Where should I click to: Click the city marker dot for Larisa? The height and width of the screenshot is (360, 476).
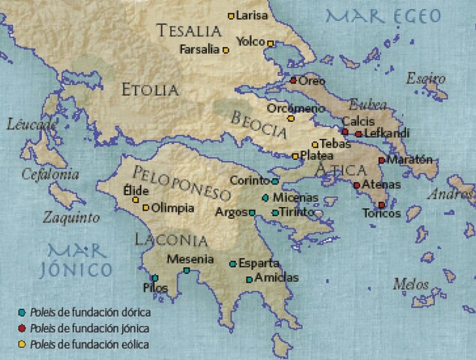click(231, 16)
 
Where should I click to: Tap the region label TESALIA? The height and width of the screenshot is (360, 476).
click(190, 31)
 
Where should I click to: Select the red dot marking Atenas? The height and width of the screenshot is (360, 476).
click(357, 184)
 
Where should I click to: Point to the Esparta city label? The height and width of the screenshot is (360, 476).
click(259, 263)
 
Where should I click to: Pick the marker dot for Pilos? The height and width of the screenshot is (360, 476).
click(155, 277)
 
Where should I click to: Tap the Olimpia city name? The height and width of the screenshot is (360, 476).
click(174, 208)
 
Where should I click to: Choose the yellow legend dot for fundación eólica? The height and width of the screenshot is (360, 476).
click(22, 344)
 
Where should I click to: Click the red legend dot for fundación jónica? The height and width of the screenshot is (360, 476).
click(22, 328)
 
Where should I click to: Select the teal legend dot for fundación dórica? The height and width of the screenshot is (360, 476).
click(22, 311)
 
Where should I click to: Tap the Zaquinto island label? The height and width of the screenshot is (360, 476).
click(71, 218)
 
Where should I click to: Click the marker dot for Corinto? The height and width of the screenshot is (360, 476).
click(275, 181)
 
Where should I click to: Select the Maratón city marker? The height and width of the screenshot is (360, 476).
click(382, 160)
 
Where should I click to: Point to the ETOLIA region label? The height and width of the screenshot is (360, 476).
click(150, 90)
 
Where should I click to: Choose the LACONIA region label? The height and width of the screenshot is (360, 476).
click(170, 240)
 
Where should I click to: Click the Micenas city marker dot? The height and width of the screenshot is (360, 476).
click(265, 198)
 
